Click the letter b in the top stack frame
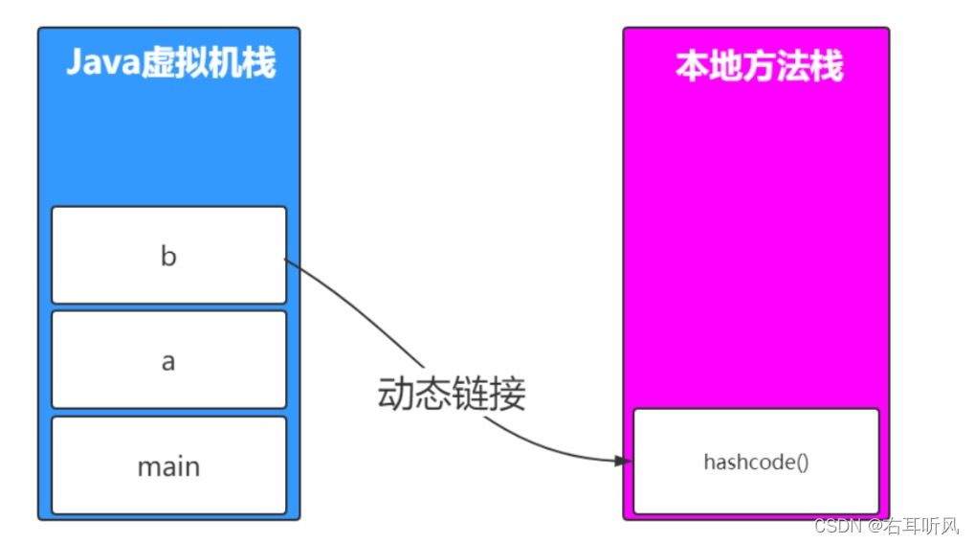tap(168, 257)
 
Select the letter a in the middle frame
tap(168, 362)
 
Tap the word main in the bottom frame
tap(168, 466)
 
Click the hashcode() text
tap(756, 462)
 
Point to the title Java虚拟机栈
tap(170, 63)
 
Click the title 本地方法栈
tap(759, 67)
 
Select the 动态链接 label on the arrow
tap(452, 394)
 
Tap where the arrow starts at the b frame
tap(286, 258)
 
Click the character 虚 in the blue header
tap(159, 63)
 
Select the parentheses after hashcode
tap(801, 462)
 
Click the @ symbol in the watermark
tap(874, 526)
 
